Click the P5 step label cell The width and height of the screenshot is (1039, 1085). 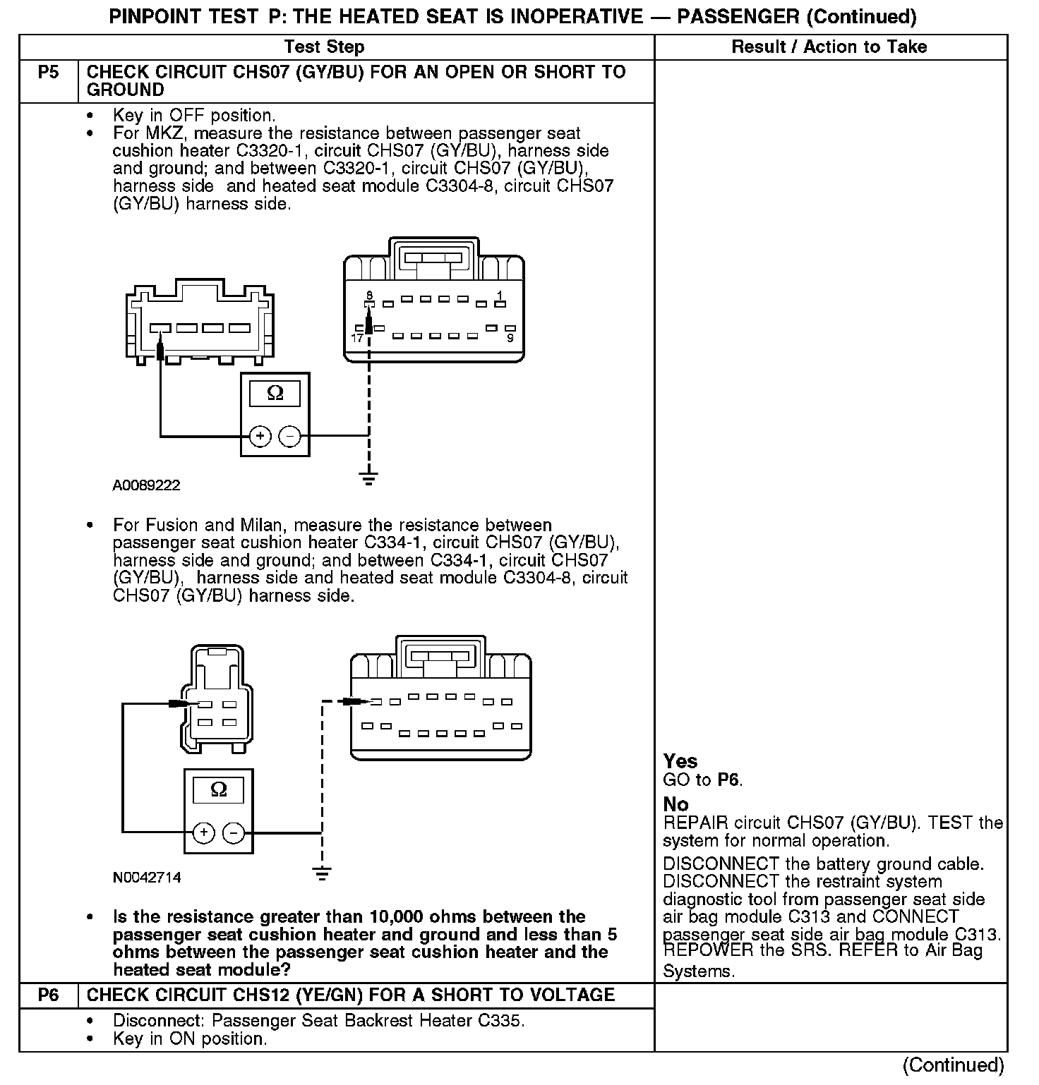pos(48,73)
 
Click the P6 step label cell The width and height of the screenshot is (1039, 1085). pos(48,995)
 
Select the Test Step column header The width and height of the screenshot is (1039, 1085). pos(324,47)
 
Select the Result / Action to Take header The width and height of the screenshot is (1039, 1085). pos(829,47)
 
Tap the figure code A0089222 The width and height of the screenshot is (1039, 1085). pos(146,485)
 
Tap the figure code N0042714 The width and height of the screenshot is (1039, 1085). pos(147,878)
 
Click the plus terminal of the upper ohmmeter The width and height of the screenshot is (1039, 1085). pos(260,436)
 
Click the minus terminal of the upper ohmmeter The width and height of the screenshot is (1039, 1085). pos(289,436)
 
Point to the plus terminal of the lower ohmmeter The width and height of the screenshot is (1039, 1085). pos(204,832)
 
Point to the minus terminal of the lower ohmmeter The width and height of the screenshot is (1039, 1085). pos(234,832)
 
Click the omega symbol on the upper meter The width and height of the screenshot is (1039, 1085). pos(275,394)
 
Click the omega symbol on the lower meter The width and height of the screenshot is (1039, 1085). pos(219,789)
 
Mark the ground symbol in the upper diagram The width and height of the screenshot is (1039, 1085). pos(368,478)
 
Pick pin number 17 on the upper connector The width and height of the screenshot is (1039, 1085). pos(357,339)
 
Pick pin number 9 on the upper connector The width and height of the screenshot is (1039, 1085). pos(510,339)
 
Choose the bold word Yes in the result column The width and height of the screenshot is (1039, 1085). pos(680,761)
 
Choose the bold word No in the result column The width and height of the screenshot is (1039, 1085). pos(675,804)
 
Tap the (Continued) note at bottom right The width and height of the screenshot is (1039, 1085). pos(953,1065)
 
